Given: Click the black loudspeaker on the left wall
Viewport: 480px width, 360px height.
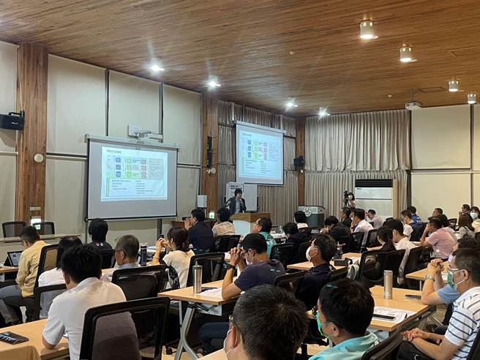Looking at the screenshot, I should coord(12,121).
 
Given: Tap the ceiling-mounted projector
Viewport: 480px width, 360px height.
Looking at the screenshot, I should coord(413,105).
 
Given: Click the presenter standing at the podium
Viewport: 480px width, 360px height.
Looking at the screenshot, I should coord(236,201).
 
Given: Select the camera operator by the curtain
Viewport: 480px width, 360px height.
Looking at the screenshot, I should coord(350,200).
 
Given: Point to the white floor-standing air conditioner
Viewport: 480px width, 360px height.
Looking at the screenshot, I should coord(373,198).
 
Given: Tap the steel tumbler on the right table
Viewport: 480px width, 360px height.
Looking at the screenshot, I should coord(388,284).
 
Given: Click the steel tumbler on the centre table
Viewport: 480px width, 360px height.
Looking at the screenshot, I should coord(197,278).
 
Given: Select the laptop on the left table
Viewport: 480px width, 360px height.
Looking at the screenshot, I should coord(13,258).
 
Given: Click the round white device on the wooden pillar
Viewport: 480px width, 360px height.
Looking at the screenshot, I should coord(38,157).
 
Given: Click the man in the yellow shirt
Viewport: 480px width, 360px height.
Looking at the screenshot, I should coord(29,261).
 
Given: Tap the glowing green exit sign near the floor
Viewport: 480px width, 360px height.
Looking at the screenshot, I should coord(35,220).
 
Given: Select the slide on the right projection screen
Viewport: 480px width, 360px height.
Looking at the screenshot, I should coord(259,154).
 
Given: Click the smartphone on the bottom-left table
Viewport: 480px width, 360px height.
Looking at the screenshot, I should coord(12,337).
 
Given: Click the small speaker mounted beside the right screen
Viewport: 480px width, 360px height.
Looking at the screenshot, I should coord(299,162).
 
